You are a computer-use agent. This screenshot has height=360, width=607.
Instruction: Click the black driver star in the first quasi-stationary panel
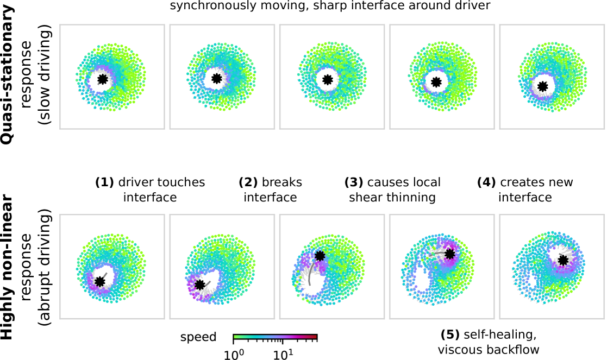(102, 79)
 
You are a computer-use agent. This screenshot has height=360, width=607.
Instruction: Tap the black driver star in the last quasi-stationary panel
(542, 86)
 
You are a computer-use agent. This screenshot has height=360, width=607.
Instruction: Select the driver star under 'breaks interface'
(200, 285)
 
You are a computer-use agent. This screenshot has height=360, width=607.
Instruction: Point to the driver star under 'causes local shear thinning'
(320, 255)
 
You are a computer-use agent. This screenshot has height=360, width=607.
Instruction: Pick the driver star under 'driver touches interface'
(99, 281)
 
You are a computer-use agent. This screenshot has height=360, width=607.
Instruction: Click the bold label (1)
(104, 182)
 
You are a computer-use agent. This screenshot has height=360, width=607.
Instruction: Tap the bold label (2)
(249, 182)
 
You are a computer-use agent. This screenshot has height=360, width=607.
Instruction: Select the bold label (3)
(354, 182)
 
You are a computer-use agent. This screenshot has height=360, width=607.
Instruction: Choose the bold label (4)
(486, 182)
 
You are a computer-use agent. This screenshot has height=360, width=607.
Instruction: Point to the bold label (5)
(449, 333)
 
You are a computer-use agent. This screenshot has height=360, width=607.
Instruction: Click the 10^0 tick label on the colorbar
(234, 353)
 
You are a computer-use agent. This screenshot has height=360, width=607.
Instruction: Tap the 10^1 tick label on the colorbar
(283, 353)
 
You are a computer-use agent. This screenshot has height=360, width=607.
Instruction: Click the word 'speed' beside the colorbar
(198, 337)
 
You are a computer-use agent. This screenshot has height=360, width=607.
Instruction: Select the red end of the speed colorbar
(315, 337)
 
